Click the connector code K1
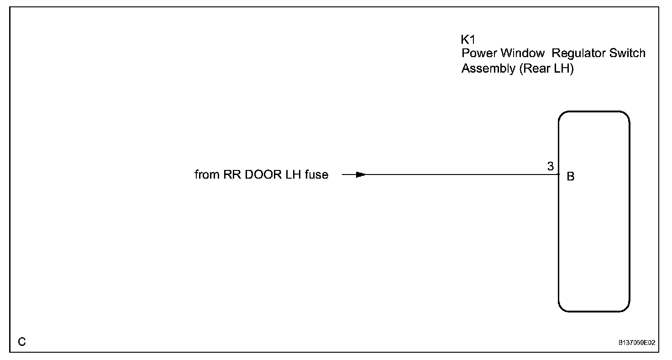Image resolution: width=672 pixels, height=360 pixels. [x=468, y=40]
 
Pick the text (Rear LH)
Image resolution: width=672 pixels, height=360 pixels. [x=546, y=69]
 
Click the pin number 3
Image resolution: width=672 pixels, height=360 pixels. [x=551, y=167]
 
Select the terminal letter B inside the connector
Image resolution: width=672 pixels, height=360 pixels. [x=571, y=177]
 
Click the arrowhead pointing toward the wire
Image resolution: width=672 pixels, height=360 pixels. [x=361, y=175]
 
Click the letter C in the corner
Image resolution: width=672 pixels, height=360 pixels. [x=21, y=342]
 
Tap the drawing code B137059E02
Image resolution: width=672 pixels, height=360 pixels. [x=637, y=342]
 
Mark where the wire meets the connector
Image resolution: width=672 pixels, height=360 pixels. [x=559, y=175]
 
